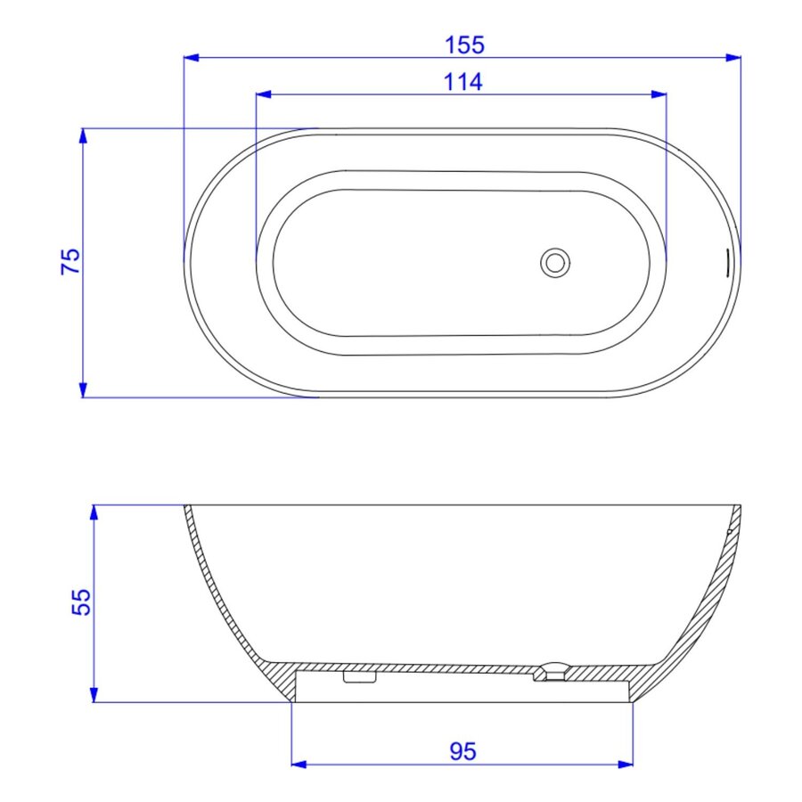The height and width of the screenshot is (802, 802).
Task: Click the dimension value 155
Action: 464,45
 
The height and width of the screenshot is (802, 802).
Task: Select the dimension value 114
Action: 462,82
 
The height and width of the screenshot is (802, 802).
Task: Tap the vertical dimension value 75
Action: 70,261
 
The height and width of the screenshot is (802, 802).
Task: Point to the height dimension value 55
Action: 80,602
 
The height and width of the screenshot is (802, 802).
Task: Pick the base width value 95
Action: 462,751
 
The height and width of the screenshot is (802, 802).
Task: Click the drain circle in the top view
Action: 555,263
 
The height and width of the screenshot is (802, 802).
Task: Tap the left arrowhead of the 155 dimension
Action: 192,58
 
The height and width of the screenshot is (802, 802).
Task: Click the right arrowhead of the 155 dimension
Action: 733,58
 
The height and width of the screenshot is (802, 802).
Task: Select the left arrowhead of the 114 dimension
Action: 264,94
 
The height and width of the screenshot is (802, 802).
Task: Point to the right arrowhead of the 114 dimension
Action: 659,94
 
